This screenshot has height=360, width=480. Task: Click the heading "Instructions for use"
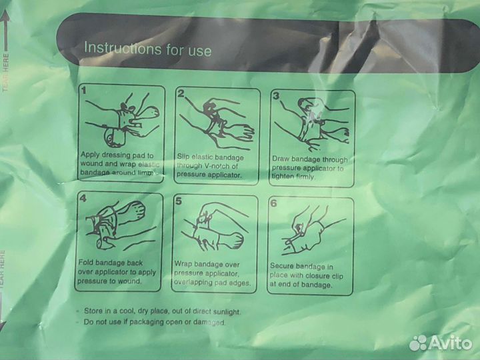(147, 49)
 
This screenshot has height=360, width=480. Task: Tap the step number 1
(84, 90)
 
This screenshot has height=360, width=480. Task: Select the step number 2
(181, 93)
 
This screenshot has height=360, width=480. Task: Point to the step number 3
(276, 95)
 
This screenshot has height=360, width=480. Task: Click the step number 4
(83, 198)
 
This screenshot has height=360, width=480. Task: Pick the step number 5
(179, 201)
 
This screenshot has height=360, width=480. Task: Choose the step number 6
(273, 203)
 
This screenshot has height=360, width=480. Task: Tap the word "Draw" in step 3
(281, 159)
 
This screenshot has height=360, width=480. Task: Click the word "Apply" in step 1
(90, 155)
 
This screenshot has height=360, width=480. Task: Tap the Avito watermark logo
(441, 343)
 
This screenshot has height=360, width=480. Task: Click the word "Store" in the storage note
(93, 311)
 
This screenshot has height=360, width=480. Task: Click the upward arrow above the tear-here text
(5, 30)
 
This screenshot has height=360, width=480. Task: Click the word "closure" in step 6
(318, 275)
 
